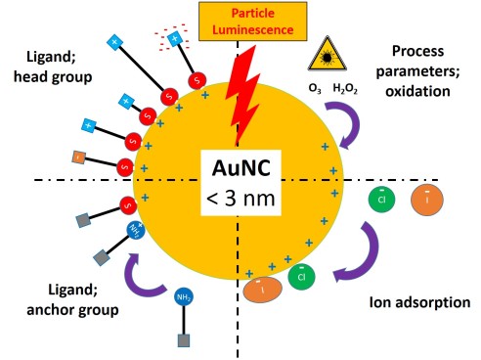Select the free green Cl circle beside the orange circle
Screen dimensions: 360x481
[381, 200]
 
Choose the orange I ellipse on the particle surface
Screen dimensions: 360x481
[262, 291]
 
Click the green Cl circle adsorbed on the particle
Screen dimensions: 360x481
[302, 277]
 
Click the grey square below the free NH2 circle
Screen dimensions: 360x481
[183, 341]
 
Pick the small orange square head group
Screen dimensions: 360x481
[79, 157]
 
